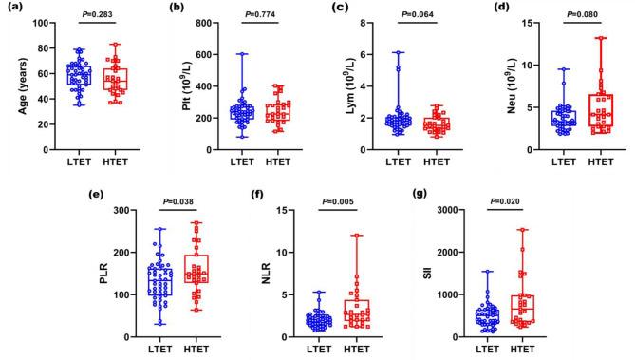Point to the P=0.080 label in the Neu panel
569,14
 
